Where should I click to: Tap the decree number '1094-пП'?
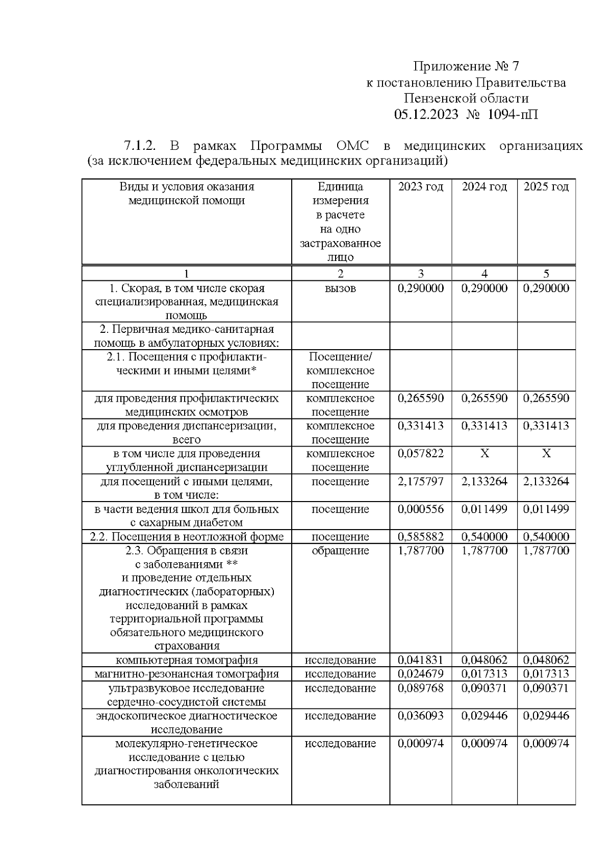coord(513,114)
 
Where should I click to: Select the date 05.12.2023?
coord(426,114)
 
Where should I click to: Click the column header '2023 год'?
coord(421,187)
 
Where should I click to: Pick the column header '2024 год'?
coord(484,187)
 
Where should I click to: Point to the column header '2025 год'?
coord(546,187)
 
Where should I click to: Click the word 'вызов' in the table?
coord(340,289)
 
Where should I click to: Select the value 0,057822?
coord(421,454)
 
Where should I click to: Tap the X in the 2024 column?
coord(484,454)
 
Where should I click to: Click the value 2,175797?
coord(421,481)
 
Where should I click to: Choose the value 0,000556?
coord(421,509)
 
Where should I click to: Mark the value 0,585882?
coord(421,537)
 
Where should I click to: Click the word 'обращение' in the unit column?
coord(340,551)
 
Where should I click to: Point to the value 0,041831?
coord(421,660)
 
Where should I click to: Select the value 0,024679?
coord(421,674)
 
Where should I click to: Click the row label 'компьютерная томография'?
coord(187,661)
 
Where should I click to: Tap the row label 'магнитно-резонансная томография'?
coord(187,674)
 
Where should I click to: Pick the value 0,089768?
coord(421,688)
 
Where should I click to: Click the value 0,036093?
coord(421,716)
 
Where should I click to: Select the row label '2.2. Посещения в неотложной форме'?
coord(187,537)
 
